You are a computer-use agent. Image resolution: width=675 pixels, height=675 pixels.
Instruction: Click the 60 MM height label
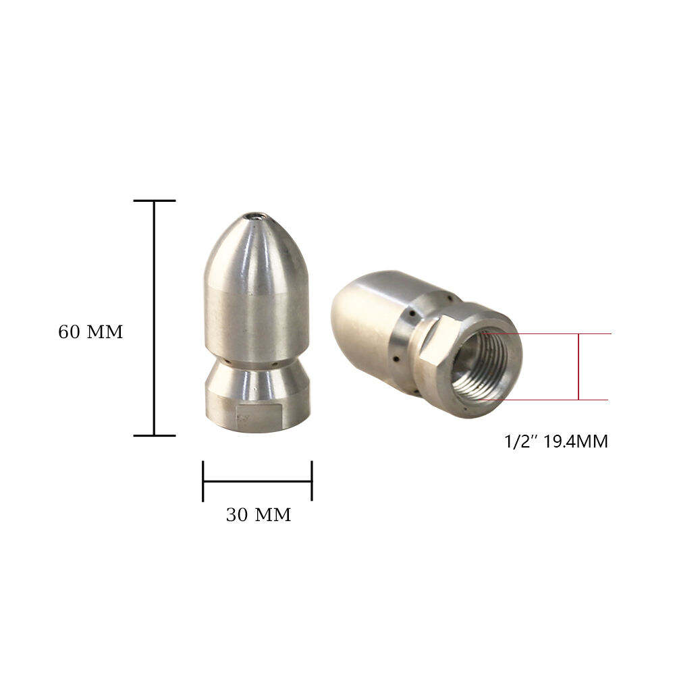pyautogui.click(x=90, y=332)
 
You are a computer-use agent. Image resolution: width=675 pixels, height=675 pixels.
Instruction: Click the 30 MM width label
pyautogui.click(x=259, y=515)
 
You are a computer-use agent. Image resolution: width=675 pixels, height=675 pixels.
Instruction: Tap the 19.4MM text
pyautogui.click(x=575, y=441)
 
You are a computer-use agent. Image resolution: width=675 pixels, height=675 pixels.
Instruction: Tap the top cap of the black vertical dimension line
pyautogui.click(x=155, y=200)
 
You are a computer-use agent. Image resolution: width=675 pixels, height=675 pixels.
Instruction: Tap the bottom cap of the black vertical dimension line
pyautogui.click(x=155, y=435)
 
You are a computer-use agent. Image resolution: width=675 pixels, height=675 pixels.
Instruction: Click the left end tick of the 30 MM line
pyautogui.click(x=202, y=481)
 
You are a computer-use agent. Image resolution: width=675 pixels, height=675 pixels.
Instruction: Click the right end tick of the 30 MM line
pyautogui.click(x=312, y=481)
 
